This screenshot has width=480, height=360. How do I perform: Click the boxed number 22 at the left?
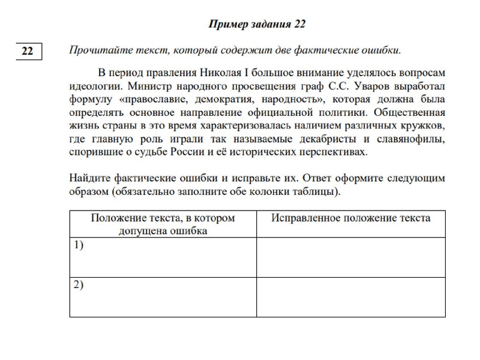tap(28, 52)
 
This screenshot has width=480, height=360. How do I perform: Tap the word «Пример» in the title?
tap(226, 24)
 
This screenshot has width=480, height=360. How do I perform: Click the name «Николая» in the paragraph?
tap(219, 73)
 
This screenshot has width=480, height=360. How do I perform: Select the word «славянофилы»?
tap(413, 139)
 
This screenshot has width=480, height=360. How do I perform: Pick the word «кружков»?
tap(424, 126)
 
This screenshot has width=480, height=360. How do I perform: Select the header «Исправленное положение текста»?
tap(350, 218)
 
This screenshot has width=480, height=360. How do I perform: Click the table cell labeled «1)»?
tap(163, 257)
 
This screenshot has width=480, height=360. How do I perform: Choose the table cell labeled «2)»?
tap(163, 297)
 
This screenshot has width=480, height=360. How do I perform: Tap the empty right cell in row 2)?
tap(350, 297)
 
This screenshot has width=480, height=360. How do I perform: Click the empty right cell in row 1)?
tap(350, 257)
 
